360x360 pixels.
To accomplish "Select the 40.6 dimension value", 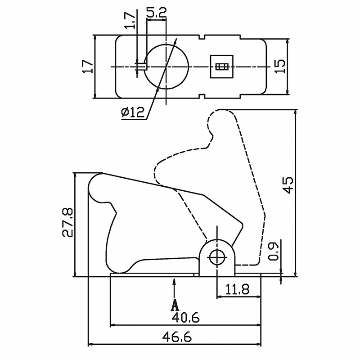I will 185,317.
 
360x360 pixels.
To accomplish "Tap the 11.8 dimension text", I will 238,289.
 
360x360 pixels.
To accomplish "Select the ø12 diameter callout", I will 133,112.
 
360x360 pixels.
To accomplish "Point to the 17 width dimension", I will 88,67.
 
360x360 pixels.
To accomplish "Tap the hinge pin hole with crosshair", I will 218,257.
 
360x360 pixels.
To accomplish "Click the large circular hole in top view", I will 166,67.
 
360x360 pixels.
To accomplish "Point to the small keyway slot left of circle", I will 140,67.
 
